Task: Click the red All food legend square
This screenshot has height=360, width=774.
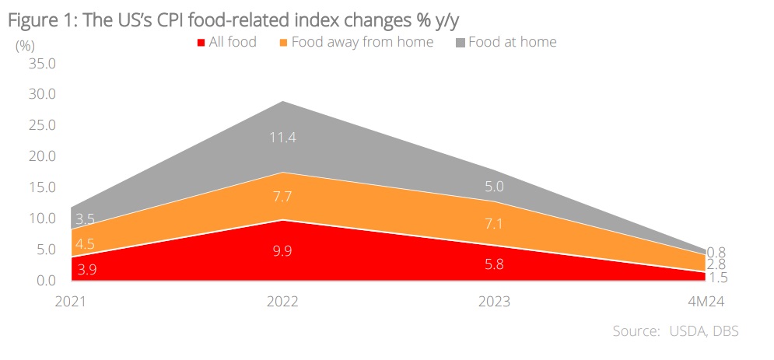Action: [x=201, y=43]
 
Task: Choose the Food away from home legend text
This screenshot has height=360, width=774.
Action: [x=362, y=42]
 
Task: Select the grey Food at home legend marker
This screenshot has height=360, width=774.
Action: [x=460, y=43]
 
